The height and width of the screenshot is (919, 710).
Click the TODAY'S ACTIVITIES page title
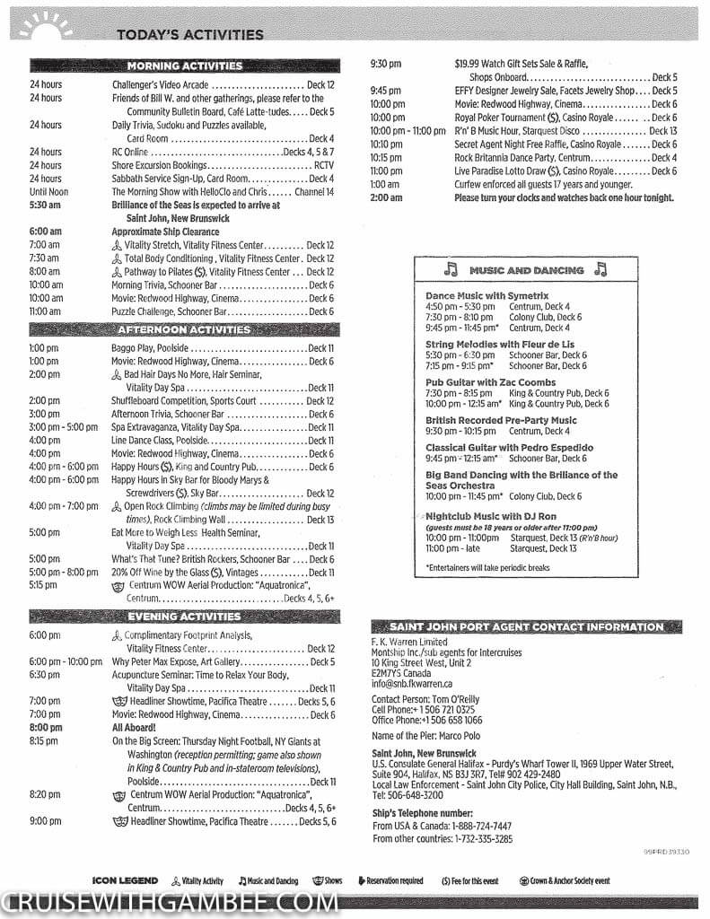189,35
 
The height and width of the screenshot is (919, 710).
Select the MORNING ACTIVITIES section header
184,66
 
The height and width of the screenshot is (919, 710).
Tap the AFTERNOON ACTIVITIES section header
184,329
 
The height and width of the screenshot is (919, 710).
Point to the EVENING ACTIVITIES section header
184,617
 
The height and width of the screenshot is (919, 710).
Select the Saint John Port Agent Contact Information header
526,627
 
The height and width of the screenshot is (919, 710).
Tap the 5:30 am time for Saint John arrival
44,206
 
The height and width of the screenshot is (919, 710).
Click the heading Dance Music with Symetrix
486,295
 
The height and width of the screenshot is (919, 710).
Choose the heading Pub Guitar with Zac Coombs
490,382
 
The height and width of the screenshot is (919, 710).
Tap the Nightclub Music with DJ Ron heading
490,517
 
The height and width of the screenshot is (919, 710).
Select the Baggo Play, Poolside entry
150,348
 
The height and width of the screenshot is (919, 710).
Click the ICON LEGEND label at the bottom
125,881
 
